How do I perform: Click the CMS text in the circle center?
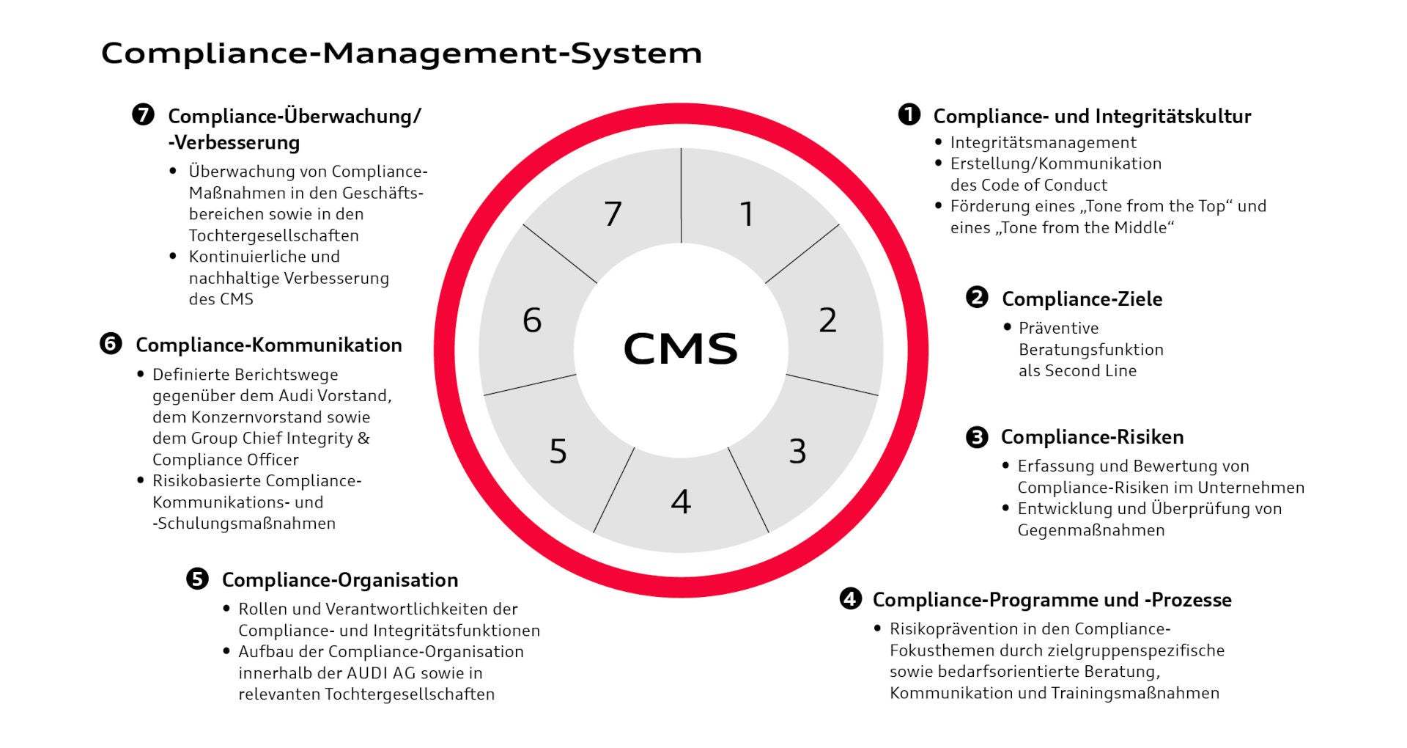click(680, 348)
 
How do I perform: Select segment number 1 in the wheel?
click(747, 214)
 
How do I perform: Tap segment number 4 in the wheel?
click(681, 502)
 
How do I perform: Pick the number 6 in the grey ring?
click(532, 320)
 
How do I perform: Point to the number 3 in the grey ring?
click(797, 452)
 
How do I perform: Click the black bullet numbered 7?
click(143, 115)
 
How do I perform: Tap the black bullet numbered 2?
click(977, 298)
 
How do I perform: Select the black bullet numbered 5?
click(197, 579)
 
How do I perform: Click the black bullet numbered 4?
click(849, 598)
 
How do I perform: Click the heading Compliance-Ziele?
click(1082, 299)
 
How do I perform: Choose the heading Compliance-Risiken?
click(1092, 437)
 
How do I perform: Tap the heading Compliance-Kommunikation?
click(268, 345)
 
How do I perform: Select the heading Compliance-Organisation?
click(340, 580)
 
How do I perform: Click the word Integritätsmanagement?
click(1043, 143)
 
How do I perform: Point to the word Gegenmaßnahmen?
click(1090, 530)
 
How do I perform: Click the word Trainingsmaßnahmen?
click(1135, 693)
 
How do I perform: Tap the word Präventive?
click(1058, 329)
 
